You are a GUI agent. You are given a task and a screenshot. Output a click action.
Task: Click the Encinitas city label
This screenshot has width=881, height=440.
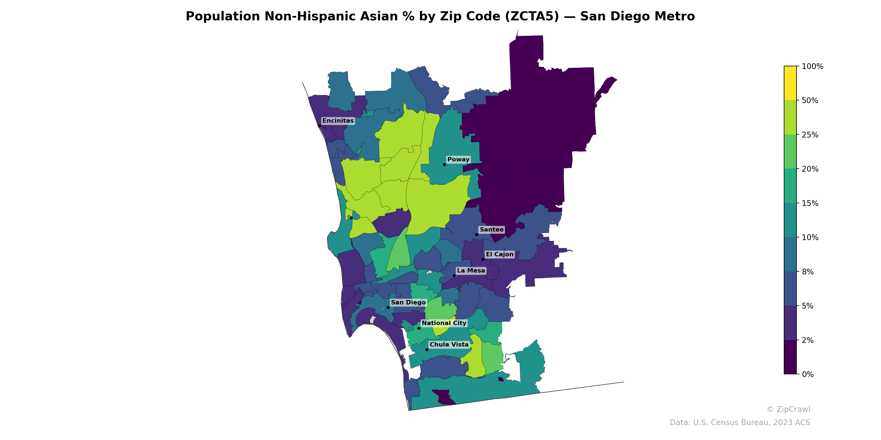[x=338, y=121]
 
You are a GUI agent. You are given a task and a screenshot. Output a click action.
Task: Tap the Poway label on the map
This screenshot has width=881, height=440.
[x=458, y=159]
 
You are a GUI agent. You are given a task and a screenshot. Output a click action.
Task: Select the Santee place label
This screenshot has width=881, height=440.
[x=491, y=230]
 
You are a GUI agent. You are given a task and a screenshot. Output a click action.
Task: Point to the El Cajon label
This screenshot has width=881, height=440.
[x=500, y=254]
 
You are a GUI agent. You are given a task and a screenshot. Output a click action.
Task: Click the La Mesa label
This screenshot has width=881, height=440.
[x=471, y=271]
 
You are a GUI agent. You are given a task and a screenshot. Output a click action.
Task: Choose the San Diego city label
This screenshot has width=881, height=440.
[x=408, y=302]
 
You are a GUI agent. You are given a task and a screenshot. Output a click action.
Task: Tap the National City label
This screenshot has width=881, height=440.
[x=444, y=323]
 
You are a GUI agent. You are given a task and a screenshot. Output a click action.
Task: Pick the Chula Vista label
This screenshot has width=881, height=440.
[x=449, y=344]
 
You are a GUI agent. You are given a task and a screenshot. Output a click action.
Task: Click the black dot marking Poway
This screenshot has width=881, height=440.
[x=444, y=164]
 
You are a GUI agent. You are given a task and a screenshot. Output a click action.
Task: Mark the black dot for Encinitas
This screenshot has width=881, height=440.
[x=319, y=126]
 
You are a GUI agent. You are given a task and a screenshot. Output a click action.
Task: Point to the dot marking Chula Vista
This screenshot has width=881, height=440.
[x=427, y=350]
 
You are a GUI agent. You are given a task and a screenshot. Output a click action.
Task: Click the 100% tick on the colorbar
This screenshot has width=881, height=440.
[x=812, y=67]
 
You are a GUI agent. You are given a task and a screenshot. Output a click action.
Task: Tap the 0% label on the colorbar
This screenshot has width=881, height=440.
[x=807, y=374]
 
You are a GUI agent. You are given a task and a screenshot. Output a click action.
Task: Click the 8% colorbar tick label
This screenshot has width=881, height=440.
[x=807, y=272]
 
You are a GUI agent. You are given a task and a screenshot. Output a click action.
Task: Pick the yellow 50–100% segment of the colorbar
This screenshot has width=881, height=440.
[x=790, y=83]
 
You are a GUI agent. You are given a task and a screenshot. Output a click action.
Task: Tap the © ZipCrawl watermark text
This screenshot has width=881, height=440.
[x=788, y=409]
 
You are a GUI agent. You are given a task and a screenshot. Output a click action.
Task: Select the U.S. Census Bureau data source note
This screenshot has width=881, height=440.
[x=740, y=423]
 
